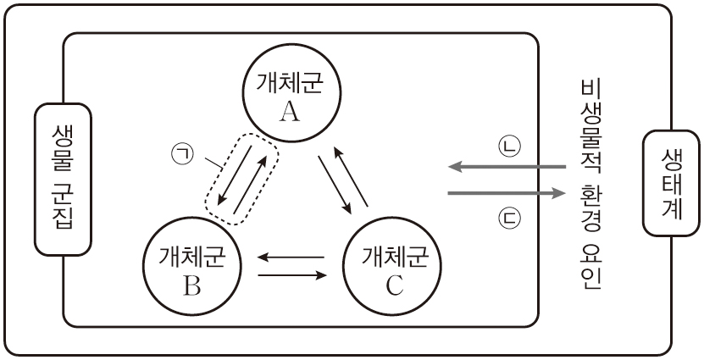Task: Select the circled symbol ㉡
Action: [x=510, y=145]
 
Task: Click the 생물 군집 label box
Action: [x=62, y=179]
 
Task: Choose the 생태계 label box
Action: [x=666, y=182]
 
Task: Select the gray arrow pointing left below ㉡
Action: [x=507, y=167]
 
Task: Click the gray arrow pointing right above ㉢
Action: [x=507, y=195]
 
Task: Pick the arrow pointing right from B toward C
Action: [x=292, y=274]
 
